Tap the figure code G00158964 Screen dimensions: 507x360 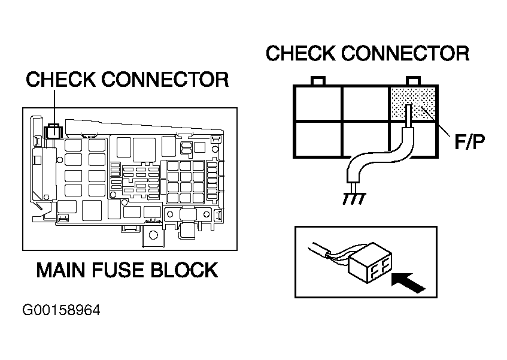pos(61,310)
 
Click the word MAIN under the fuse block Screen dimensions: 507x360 pos(61,270)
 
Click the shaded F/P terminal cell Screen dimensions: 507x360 pos(413,104)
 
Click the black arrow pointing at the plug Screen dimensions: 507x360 pos(408,283)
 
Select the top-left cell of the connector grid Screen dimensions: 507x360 pos(317,104)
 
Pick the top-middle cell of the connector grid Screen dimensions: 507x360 pos(365,104)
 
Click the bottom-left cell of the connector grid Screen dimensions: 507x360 pos(317,139)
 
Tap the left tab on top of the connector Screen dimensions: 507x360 pos(317,81)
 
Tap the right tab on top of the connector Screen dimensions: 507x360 pos(413,81)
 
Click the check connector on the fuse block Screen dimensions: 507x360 pos(53,131)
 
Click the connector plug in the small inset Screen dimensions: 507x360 pos(371,262)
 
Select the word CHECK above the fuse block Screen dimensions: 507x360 pos(61,80)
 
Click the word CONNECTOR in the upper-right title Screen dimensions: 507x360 pos(405,53)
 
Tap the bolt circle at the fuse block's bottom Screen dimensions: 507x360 pos(153,235)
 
